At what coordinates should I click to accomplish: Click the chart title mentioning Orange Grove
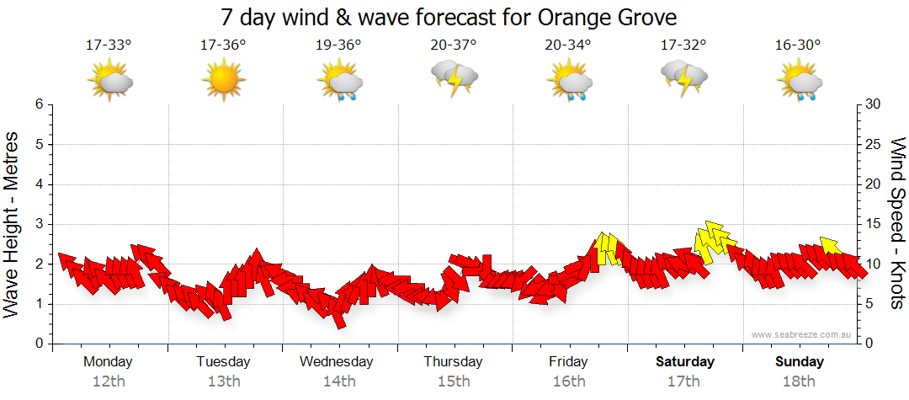(x=449, y=17)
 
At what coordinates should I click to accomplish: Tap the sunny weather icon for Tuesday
(x=223, y=81)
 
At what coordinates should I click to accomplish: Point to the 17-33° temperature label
(x=109, y=45)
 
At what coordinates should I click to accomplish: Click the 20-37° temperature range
(x=454, y=45)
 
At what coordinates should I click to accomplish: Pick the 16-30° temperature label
(x=798, y=45)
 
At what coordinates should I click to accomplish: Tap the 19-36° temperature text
(x=338, y=45)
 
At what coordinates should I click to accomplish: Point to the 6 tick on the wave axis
(x=38, y=104)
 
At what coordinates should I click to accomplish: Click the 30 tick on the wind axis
(x=874, y=104)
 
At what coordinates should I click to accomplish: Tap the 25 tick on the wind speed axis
(x=874, y=144)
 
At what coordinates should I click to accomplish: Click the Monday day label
(x=108, y=362)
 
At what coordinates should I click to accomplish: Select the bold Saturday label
(x=684, y=362)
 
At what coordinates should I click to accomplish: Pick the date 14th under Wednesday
(x=338, y=381)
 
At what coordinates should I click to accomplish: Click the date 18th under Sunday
(x=799, y=381)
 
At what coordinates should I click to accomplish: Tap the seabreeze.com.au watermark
(x=802, y=334)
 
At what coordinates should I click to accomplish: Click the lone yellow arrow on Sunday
(x=831, y=246)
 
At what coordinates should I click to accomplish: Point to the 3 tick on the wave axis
(x=38, y=224)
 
